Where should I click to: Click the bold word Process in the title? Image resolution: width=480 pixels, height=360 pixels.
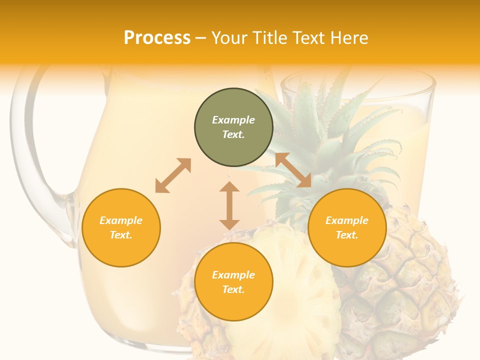pos(157,38)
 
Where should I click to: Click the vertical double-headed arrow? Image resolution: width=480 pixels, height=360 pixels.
pos(229,205)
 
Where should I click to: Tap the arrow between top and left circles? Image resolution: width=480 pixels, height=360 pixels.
pos(173,175)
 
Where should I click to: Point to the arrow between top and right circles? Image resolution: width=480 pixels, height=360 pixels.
pos(293,170)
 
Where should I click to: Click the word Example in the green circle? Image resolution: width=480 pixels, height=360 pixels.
pos(233,120)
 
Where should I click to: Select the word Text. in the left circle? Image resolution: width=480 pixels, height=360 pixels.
pos(121,235)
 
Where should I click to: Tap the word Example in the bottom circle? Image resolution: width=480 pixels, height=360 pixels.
pos(233,275)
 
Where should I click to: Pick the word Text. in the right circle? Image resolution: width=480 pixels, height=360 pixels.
pos(347,235)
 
